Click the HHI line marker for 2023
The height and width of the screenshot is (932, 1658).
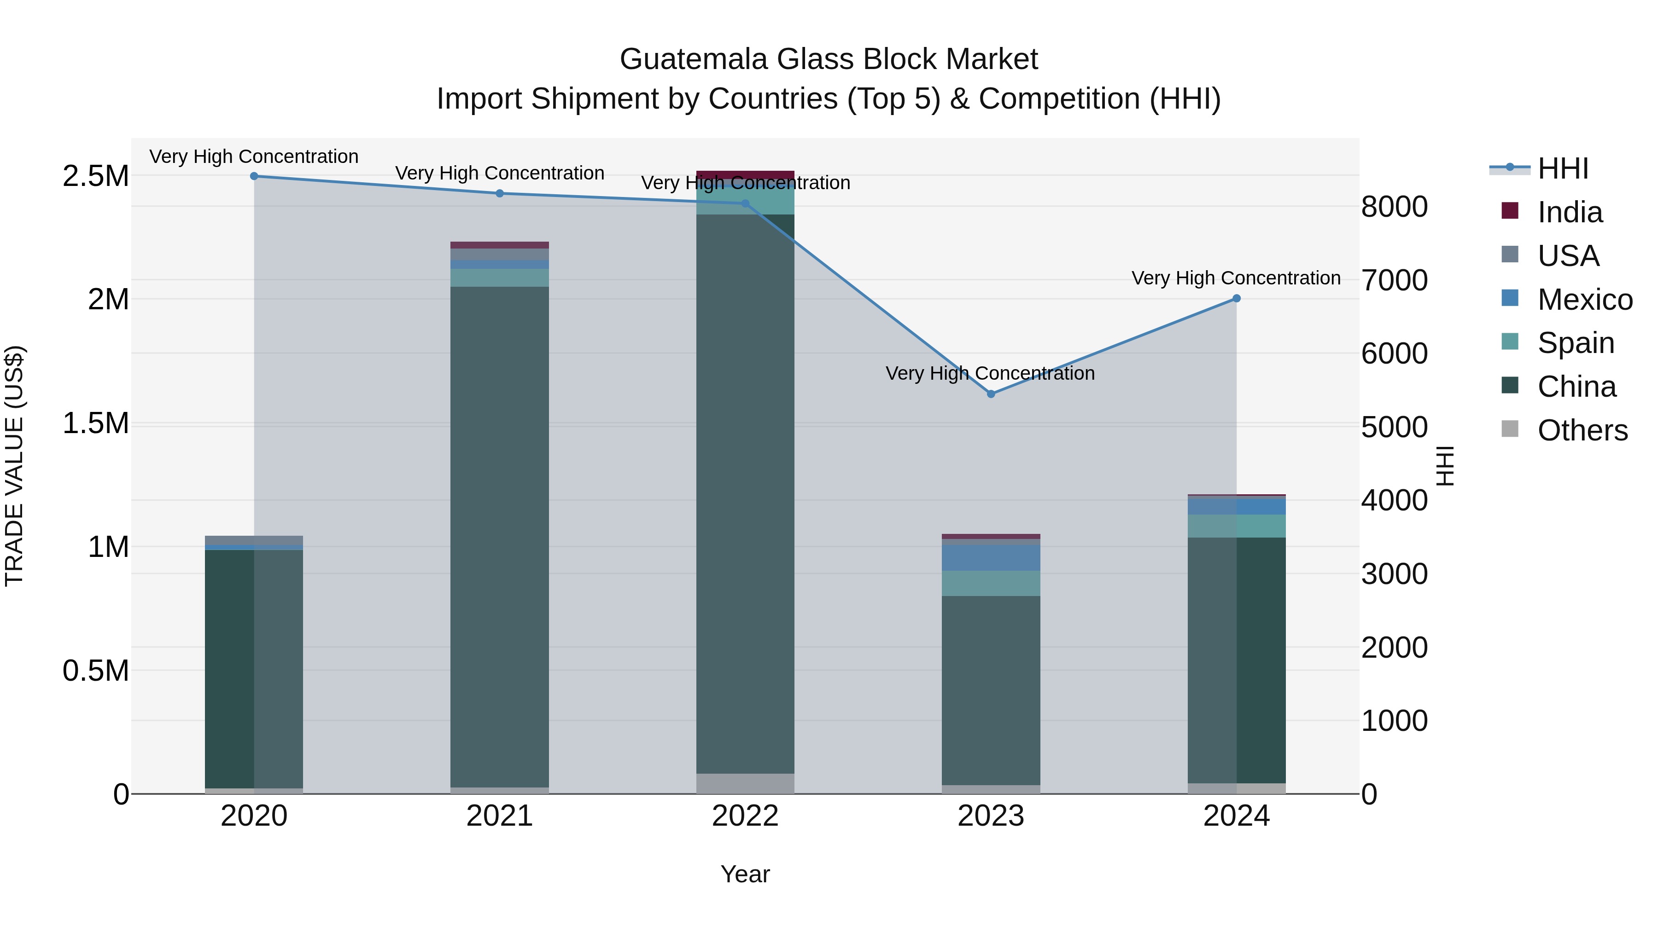(x=991, y=394)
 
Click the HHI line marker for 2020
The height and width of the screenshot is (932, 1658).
(x=254, y=176)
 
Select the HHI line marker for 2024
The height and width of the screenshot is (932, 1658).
(x=1236, y=298)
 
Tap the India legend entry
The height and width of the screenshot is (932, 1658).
(x=1569, y=212)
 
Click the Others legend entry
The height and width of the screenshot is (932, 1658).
(x=1582, y=430)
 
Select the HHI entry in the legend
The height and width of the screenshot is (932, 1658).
(x=1563, y=168)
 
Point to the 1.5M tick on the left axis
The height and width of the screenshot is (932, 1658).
(x=95, y=424)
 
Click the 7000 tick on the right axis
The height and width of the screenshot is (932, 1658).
(x=1394, y=280)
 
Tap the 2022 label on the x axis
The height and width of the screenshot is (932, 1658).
(x=745, y=816)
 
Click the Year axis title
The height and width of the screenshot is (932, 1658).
(x=745, y=874)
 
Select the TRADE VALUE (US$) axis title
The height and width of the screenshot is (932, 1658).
(x=14, y=466)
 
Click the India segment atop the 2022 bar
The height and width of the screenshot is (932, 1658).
(x=745, y=175)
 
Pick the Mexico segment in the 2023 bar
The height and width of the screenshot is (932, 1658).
(x=991, y=558)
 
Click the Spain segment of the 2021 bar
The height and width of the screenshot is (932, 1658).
(x=499, y=278)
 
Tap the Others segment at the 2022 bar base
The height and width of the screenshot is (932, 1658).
(x=745, y=783)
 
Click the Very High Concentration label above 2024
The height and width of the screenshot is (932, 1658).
(x=1236, y=278)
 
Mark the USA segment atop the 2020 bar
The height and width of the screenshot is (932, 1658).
(x=254, y=540)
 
